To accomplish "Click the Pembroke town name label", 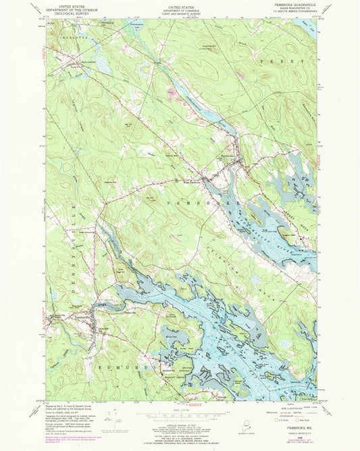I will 230,156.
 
